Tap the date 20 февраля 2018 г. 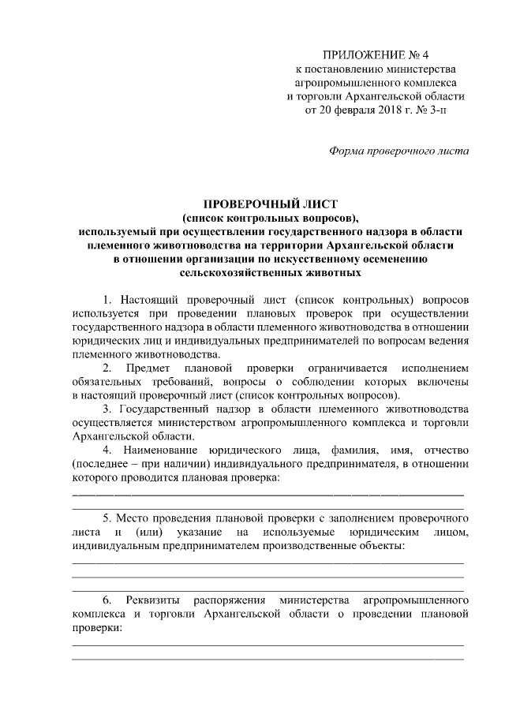click(x=364, y=110)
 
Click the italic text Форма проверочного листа click(x=398, y=150)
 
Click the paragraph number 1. click(x=107, y=301)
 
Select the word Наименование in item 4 click(x=164, y=449)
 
